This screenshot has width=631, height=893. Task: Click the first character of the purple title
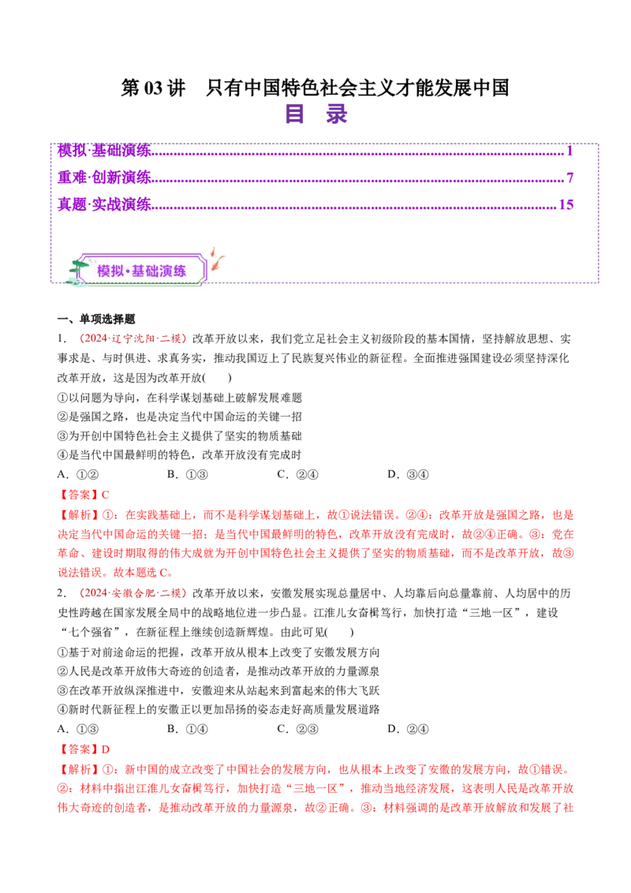click(296, 114)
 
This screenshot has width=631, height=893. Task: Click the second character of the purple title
click(336, 114)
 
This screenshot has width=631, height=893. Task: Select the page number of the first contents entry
click(569, 149)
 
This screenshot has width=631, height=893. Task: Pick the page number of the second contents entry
click(569, 177)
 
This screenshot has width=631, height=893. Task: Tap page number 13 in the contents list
click(566, 204)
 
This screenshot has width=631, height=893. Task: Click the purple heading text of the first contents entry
click(103, 149)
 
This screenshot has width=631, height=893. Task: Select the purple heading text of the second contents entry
click(103, 176)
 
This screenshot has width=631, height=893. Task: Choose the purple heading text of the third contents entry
click(103, 204)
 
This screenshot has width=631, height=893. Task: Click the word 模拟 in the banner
click(110, 271)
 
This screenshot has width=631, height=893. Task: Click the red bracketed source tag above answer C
click(133, 338)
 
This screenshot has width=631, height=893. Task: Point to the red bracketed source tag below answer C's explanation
click(133, 592)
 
